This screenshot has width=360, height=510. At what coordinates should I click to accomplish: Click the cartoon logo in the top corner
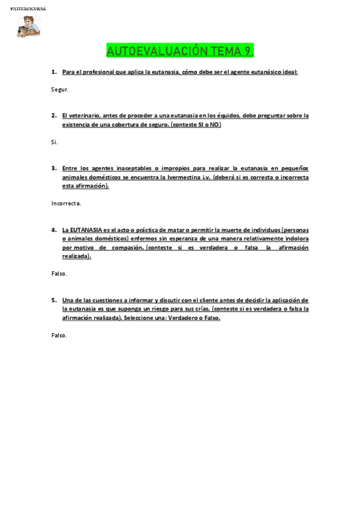28,26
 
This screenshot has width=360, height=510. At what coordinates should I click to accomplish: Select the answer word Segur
60,90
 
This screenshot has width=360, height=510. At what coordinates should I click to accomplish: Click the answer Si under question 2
55,142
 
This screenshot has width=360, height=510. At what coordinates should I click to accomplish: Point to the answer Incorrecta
66,203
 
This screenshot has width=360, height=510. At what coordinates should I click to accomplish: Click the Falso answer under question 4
59,274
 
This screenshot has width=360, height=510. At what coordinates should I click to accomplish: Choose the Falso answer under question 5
59,335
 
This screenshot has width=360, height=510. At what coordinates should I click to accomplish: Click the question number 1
53,72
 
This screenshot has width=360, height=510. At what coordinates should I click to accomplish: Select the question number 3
53,168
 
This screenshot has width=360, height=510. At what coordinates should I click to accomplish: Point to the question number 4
53,230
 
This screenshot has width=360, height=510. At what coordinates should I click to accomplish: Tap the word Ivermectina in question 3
184,177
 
